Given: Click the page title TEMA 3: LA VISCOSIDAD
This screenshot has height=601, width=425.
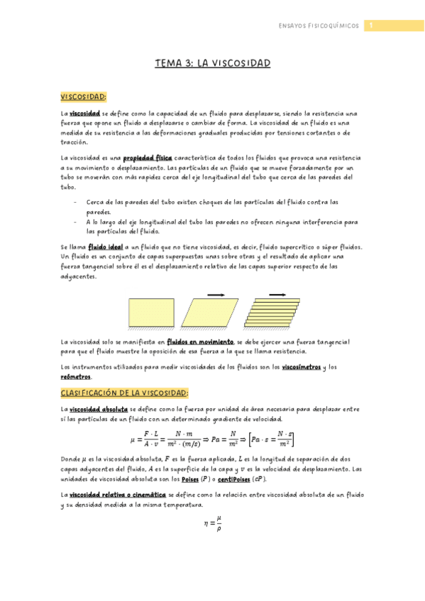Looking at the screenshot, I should pyautogui.click(x=213, y=64).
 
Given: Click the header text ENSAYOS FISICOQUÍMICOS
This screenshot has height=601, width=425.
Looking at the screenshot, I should pyautogui.click(x=319, y=26).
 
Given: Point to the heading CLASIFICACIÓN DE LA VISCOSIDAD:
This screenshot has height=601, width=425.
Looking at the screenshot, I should pyautogui.click(x=125, y=392).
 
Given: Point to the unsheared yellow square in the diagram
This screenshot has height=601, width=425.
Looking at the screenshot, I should pyautogui.click(x=150, y=313).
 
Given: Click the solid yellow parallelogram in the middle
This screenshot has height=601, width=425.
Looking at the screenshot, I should pyautogui.click(x=211, y=313).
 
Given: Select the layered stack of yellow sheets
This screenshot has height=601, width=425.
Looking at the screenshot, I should pyautogui.click(x=276, y=313).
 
